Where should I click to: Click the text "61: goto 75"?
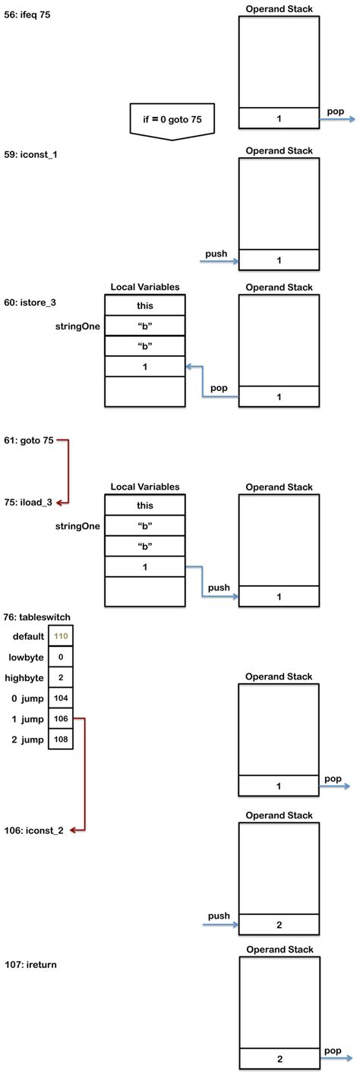28,440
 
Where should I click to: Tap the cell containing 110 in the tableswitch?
61,636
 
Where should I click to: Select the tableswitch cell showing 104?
61,698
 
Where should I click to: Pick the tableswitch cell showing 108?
61,739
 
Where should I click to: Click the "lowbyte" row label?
27,657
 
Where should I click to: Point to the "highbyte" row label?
26,677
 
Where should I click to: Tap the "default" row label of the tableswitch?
28,636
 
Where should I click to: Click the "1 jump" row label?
27,718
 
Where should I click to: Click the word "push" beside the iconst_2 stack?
217,916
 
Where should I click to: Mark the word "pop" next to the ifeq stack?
335,111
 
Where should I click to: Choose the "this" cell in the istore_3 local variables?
144,305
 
